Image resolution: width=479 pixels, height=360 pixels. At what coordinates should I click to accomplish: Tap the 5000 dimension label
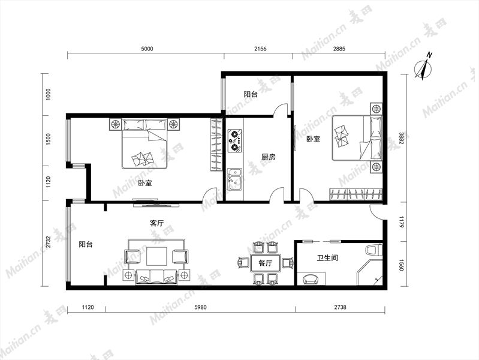[147, 49]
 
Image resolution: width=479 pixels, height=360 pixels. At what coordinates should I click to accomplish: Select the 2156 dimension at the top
[260, 49]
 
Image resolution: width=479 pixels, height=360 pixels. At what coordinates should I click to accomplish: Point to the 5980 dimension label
[200, 307]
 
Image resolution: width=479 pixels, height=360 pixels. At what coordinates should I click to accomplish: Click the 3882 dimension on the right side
[402, 138]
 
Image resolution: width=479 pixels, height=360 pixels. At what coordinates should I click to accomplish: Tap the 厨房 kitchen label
[269, 157]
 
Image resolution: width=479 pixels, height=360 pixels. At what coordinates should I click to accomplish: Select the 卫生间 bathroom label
[327, 258]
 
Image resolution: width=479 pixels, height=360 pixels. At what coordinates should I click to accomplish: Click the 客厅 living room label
[156, 223]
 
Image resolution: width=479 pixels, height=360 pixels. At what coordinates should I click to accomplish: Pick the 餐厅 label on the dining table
[266, 263]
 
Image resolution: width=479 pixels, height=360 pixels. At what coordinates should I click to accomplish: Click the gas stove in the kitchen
[235, 140]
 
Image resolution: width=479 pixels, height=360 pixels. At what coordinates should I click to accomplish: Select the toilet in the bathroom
[374, 250]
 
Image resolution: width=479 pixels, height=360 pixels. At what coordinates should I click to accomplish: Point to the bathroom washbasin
[311, 278]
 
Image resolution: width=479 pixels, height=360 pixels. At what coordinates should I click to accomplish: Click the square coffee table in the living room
[156, 256]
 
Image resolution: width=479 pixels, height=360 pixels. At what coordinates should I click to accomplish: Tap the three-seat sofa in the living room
[156, 277]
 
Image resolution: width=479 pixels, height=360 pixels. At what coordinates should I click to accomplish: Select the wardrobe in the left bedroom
[216, 145]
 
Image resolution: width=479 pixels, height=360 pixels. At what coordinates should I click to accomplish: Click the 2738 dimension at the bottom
[340, 307]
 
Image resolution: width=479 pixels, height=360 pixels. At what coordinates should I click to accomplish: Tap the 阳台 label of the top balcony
[251, 94]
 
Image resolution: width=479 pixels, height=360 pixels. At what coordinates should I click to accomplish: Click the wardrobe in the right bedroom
[356, 194]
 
